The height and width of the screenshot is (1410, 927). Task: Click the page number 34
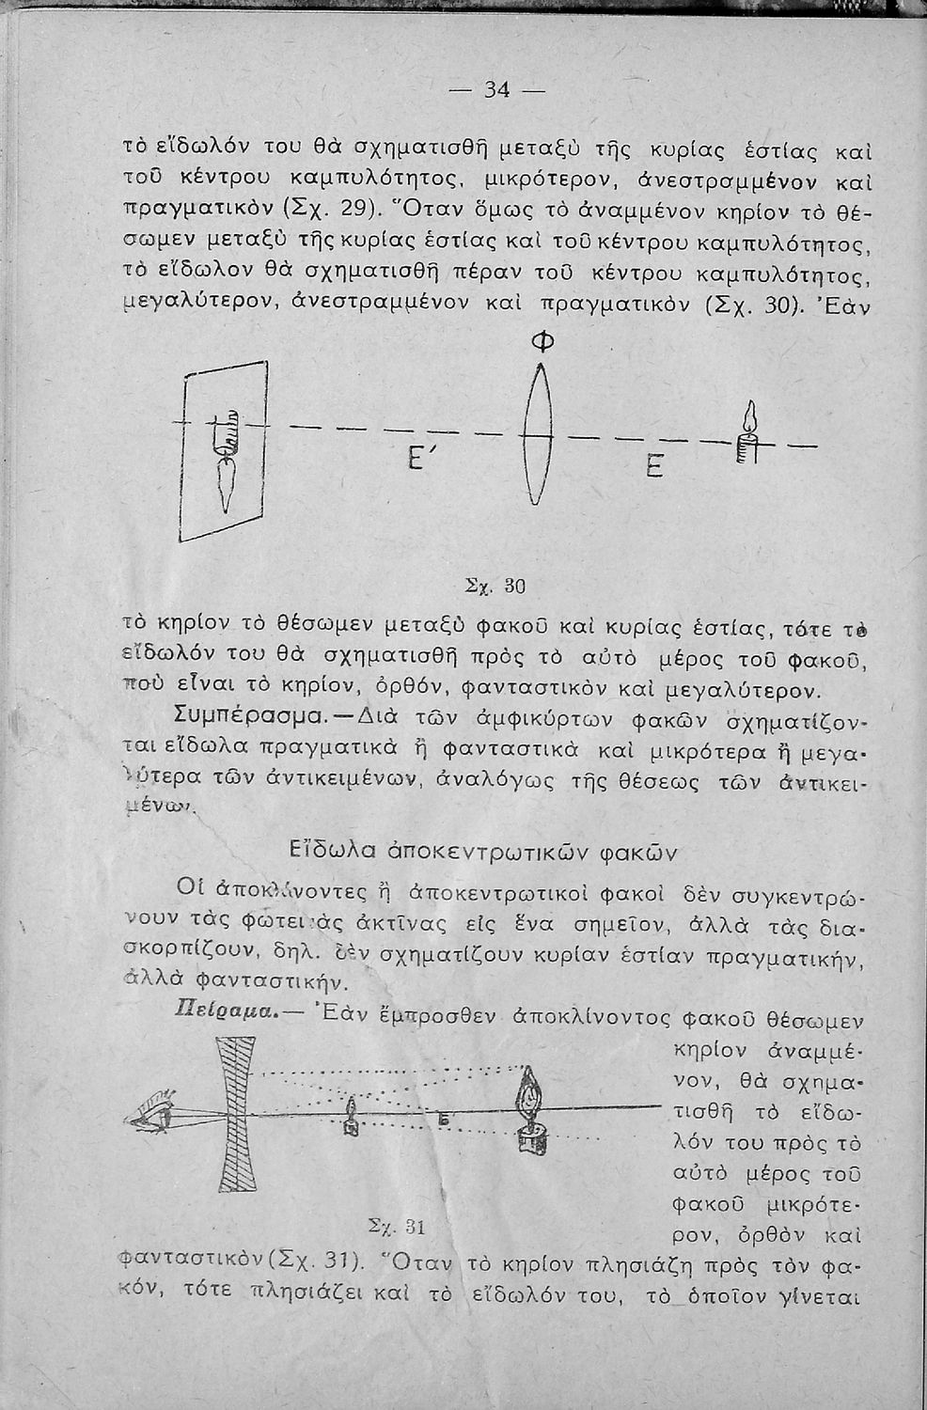click(495, 90)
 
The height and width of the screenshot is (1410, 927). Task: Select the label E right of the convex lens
click(655, 463)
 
